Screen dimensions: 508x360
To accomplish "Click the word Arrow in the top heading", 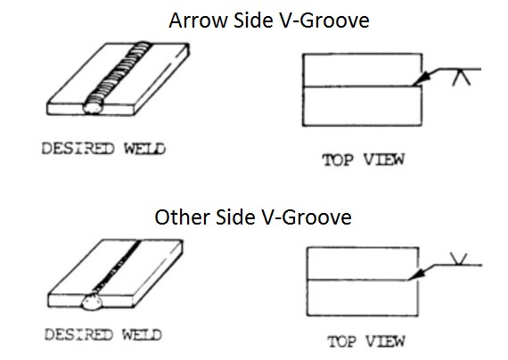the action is click(198, 20).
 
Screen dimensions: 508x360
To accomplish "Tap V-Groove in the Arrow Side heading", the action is click(324, 20).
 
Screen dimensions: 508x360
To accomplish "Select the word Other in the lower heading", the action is click(183, 217).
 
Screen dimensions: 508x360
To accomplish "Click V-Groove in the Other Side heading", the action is click(307, 217).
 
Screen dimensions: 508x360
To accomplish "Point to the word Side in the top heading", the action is click(253, 20).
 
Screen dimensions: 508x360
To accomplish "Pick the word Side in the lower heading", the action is click(235, 217).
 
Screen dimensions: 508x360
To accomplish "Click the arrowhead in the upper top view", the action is click(422, 80).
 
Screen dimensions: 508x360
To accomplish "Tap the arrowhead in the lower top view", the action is click(416, 274).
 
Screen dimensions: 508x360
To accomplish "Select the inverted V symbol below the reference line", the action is click(461, 78).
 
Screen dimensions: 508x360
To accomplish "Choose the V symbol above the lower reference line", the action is click(459, 259).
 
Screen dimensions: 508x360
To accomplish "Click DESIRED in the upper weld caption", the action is click(78, 149).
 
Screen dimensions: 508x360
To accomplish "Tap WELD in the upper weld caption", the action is click(144, 149).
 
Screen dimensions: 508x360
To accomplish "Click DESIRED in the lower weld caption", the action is click(78, 334).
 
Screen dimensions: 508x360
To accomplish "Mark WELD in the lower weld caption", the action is click(142, 334).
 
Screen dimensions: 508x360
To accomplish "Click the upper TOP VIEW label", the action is click(364, 160).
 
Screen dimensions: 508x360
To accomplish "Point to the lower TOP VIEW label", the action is click(366, 341).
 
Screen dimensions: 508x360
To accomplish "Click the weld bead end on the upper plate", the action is click(93, 108).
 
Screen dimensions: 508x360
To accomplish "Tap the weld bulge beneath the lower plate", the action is click(92, 301).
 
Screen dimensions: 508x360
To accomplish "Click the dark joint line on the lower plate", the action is click(118, 266).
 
